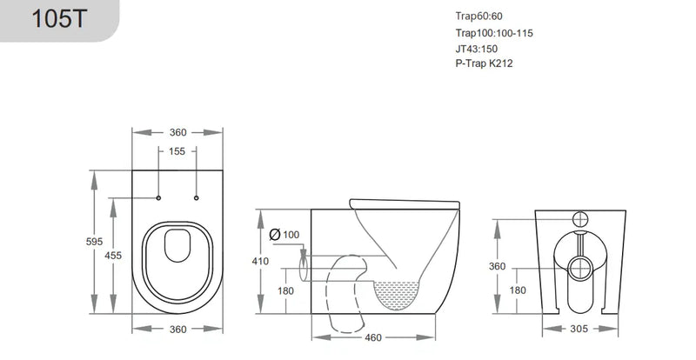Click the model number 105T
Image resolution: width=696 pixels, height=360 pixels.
[57, 20]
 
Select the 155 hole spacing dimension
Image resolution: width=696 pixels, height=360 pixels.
[177, 151]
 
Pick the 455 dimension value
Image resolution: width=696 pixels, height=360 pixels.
[124, 256]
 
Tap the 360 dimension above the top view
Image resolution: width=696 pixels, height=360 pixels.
[177, 132]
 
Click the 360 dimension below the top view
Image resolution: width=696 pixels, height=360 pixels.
[177, 330]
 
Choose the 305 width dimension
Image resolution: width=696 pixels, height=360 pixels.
[581, 329]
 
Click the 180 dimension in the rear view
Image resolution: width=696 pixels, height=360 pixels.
[517, 290]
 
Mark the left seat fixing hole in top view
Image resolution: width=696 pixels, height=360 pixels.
[158, 197]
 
